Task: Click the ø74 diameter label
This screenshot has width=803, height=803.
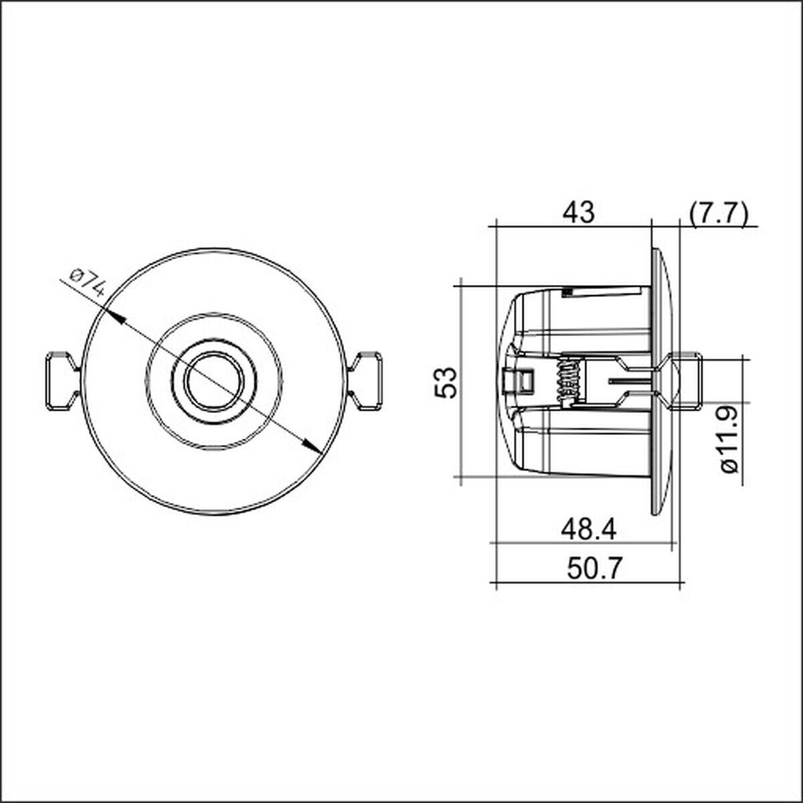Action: pyautogui.click(x=88, y=282)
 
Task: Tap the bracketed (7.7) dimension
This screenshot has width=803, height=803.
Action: pyautogui.click(x=719, y=214)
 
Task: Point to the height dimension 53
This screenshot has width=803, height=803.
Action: pyautogui.click(x=446, y=383)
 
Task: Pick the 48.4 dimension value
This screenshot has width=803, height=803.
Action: pyautogui.click(x=588, y=531)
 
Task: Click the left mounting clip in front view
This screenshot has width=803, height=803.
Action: pyautogui.click(x=62, y=381)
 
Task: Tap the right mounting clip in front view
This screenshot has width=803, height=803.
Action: pyautogui.click(x=365, y=381)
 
